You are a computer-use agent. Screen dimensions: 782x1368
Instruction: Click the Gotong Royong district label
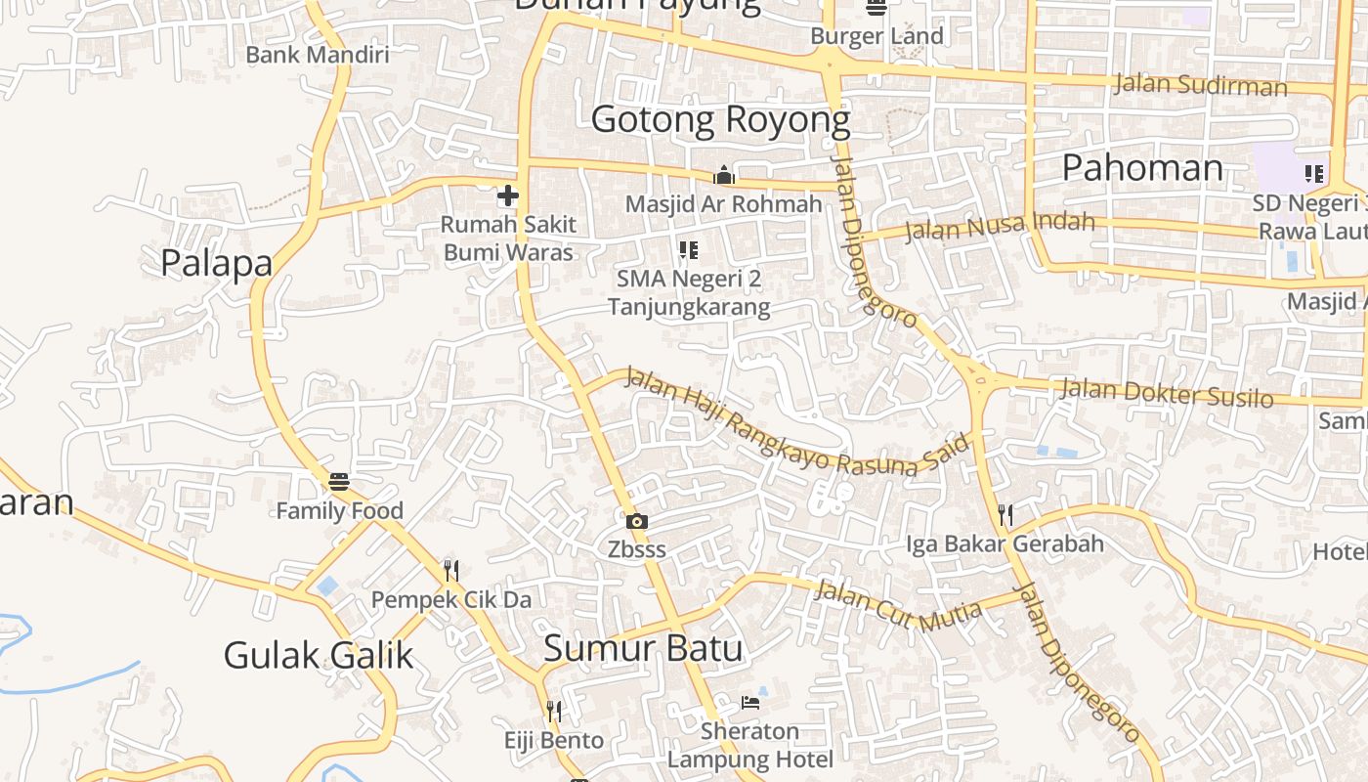(721, 119)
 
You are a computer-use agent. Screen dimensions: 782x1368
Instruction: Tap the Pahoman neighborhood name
(1141, 168)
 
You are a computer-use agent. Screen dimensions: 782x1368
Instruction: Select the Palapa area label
(216, 263)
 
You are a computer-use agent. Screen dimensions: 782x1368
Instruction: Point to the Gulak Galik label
(319, 655)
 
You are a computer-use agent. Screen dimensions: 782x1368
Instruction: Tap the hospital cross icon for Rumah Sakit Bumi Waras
(507, 195)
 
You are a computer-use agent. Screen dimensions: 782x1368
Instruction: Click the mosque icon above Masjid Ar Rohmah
(724, 175)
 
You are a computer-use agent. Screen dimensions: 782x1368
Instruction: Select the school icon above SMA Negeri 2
(689, 250)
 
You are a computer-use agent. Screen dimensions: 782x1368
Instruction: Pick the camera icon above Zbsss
(637, 521)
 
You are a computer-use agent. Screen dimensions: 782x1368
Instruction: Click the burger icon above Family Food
(339, 481)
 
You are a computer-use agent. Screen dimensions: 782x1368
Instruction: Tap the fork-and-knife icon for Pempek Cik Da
(450, 570)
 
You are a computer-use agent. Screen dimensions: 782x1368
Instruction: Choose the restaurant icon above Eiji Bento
(554, 711)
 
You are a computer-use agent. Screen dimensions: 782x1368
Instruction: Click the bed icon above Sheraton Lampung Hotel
(749, 702)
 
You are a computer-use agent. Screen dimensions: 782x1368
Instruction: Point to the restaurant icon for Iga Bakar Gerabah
(1005, 515)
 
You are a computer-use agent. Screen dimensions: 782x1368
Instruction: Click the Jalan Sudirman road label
(1200, 85)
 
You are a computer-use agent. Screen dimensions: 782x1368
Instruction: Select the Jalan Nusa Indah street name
(999, 226)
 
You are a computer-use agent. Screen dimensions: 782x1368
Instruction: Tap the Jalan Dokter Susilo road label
(1167, 393)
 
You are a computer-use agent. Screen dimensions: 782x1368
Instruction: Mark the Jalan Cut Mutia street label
(897, 603)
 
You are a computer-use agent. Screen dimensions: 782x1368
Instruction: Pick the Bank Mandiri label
(317, 55)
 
